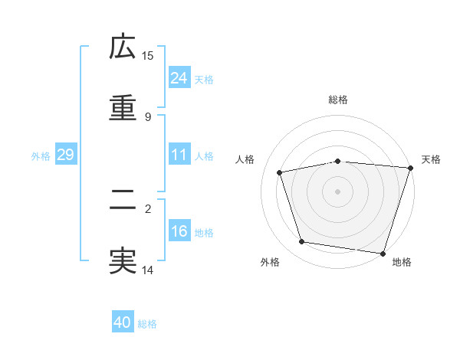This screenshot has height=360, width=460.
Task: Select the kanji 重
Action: pyautogui.click(x=123, y=108)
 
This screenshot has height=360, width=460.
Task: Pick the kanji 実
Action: pyautogui.click(x=123, y=261)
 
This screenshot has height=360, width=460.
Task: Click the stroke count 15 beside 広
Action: pyautogui.click(x=148, y=56)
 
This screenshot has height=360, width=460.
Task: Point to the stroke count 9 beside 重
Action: pyautogui.click(x=148, y=117)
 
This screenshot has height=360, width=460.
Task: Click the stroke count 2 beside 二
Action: pyautogui.click(x=148, y=208)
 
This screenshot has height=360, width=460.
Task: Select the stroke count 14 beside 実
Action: pyautogui.click(x=148, y=270)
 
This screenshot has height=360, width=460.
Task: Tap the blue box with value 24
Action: pyautogui.click(x=179, y=78)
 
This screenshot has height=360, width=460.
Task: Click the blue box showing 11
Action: pyautogui.click(x=179, y=155)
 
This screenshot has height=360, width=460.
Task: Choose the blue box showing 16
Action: pyautogui.click(x=179, y=231)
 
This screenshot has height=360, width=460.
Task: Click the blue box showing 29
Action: pyautogui.click(x=65, y=155)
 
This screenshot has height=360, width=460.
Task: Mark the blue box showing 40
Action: pyautogui.click(x=123, y=322)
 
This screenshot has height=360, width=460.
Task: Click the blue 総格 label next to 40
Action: pyautogui.click(x=147, y=324)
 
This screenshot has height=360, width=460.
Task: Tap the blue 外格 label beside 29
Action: pyautogui.click(x=41, y=156)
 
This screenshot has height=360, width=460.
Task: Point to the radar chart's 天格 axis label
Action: pyautogui.click(x=431, y=159)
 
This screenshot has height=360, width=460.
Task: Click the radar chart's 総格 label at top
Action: pyautogui.click(x=338, y=100)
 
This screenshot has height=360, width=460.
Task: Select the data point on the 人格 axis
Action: pyautogui.click(x=280, y=172)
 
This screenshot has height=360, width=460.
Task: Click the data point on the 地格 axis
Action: pyautogui.click(x=383, y=253)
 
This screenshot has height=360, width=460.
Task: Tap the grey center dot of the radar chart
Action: pyautogui.click(x=338, y=191)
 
